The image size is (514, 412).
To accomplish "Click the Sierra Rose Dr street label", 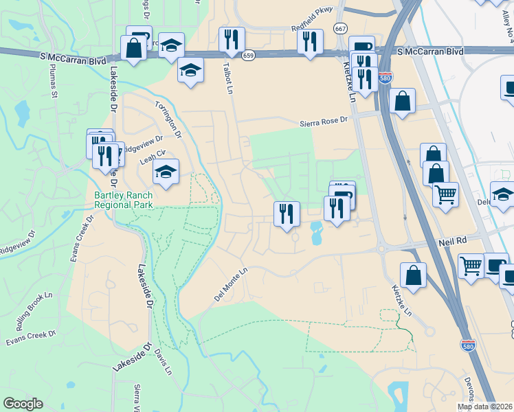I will pos(325,122).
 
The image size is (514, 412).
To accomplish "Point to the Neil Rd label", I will pos(453,242).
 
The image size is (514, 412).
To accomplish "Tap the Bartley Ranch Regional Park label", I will pos(124,199).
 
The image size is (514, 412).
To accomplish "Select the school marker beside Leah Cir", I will pos(166,172).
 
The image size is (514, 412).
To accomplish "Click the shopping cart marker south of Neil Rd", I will pos(471,264).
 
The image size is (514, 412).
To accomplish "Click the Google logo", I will pos(23,404).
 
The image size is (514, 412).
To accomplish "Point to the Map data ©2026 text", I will pos(485,407).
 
